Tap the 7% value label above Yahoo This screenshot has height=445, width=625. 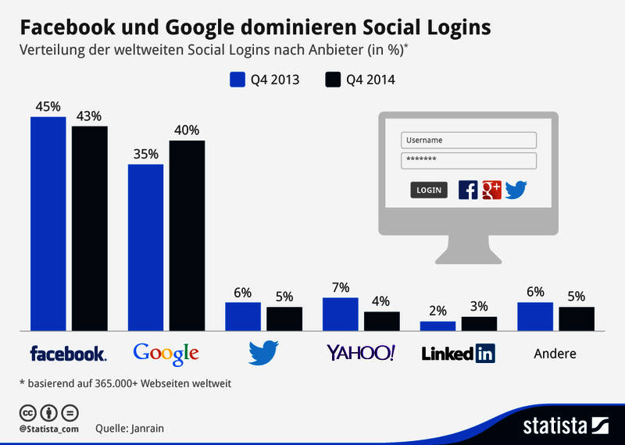point(340,287)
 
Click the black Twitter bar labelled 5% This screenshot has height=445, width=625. point(284,319)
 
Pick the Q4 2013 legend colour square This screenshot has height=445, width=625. point(237,79)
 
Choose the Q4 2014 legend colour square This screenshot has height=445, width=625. point(334,79)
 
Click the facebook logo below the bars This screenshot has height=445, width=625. point(68,354)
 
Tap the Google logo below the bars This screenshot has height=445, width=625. point(166,354)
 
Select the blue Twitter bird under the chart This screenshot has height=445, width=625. point(263,354)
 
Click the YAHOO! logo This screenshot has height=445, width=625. point(360,353)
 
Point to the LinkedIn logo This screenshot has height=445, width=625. point(458,354)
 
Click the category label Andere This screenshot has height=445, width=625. point(555,354)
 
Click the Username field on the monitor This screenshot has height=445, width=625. point(469,141)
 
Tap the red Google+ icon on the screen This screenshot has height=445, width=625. point(491,189)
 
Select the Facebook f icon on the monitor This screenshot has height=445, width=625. point(468,190)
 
